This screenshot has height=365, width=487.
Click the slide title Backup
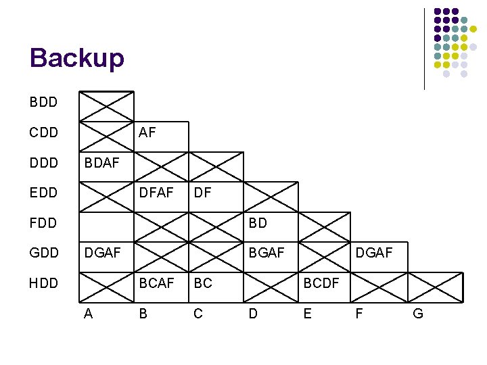click(77, 58)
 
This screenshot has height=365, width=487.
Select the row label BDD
click(43, 103)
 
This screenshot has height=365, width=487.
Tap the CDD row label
click(44, 133)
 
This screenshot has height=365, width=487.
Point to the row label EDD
click(44, 193)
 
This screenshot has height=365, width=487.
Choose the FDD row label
click(44, 223)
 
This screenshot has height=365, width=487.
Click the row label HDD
click(44, 283)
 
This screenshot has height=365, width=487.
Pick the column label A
click(89, 314)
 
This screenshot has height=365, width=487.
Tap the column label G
click(418, 314)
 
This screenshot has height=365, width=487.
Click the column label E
click(308, 314)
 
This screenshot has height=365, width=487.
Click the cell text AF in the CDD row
click(147, 133)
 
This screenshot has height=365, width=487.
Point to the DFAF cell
click(157, 193)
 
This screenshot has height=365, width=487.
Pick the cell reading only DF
click(203, 193)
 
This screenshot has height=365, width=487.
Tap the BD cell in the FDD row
click(258, 223)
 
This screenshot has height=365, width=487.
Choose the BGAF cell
click(267, 253)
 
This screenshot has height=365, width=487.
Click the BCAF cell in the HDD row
click(157, 283)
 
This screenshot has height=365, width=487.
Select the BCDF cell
click(321, 283)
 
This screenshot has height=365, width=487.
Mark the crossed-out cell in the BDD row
click(107, 106)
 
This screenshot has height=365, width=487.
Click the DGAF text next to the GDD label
click(101, 253)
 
